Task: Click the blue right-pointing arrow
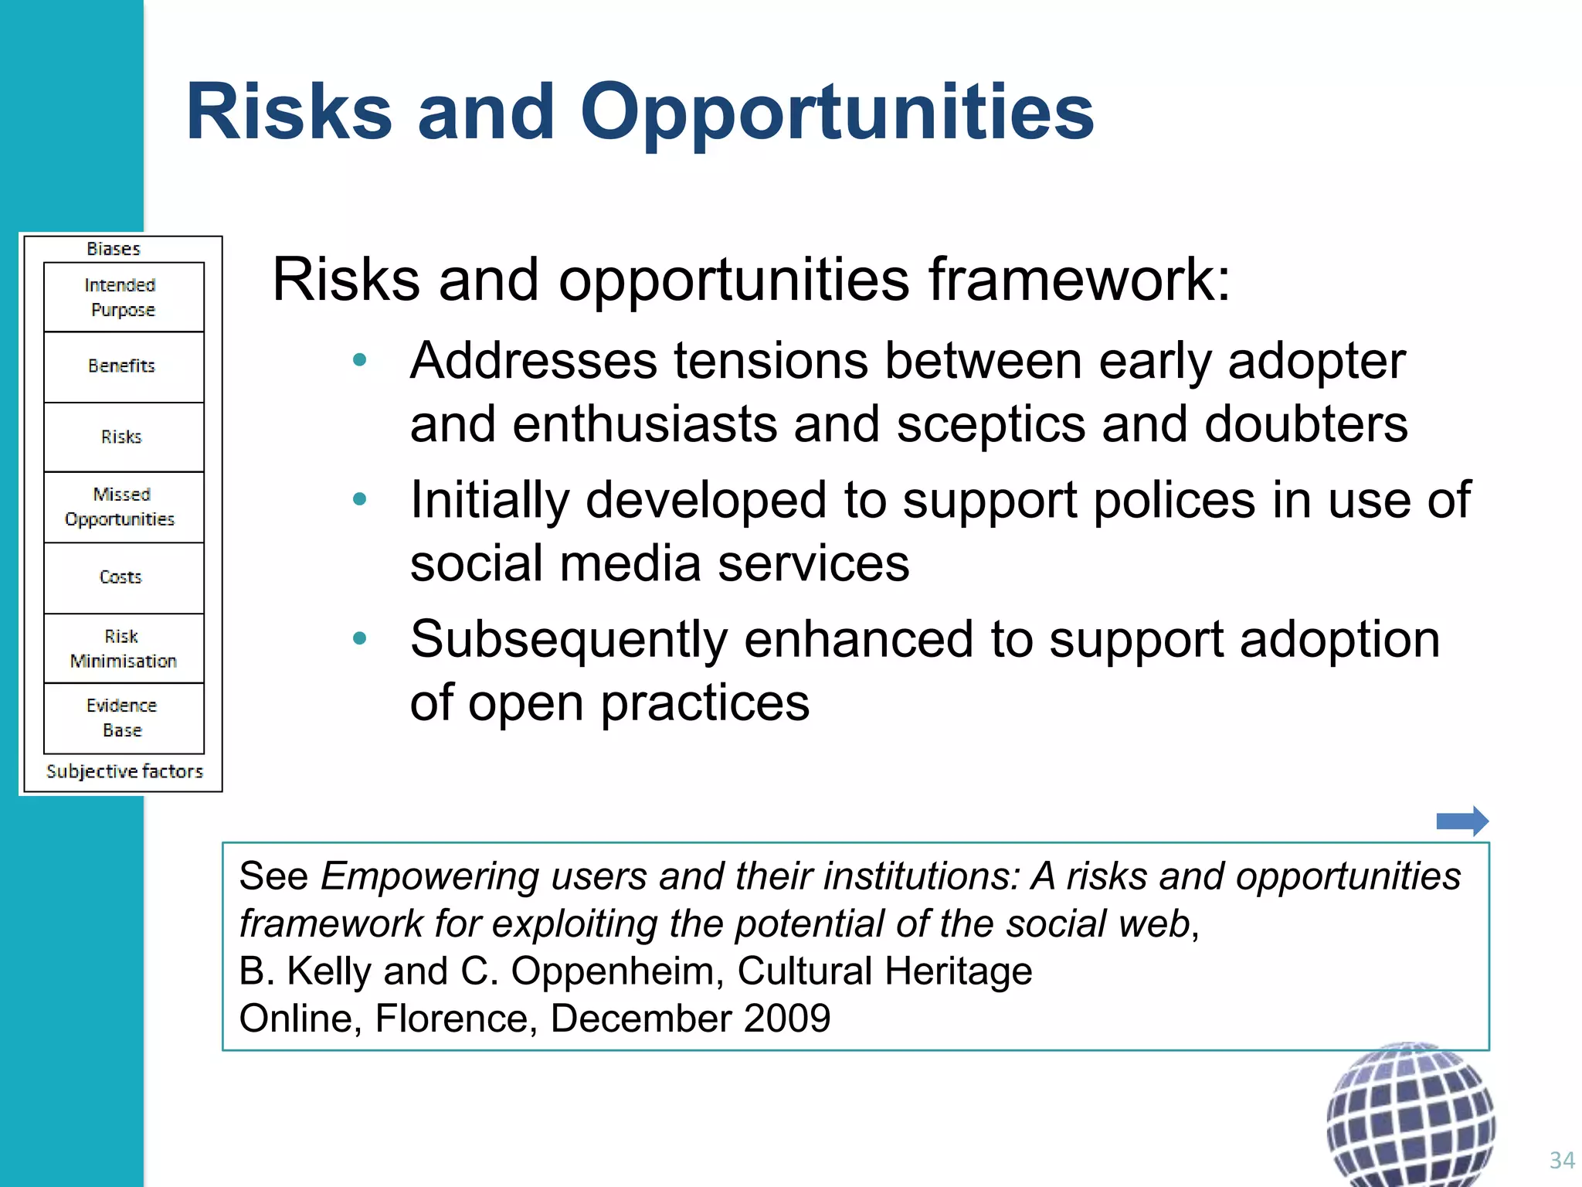[1461, 821]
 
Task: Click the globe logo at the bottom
[1411, 1117]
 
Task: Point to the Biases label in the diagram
[114, 249]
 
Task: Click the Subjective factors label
[124, 771]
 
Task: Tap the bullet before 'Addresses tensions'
[359, 360]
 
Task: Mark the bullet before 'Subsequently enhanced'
[359, 638]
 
